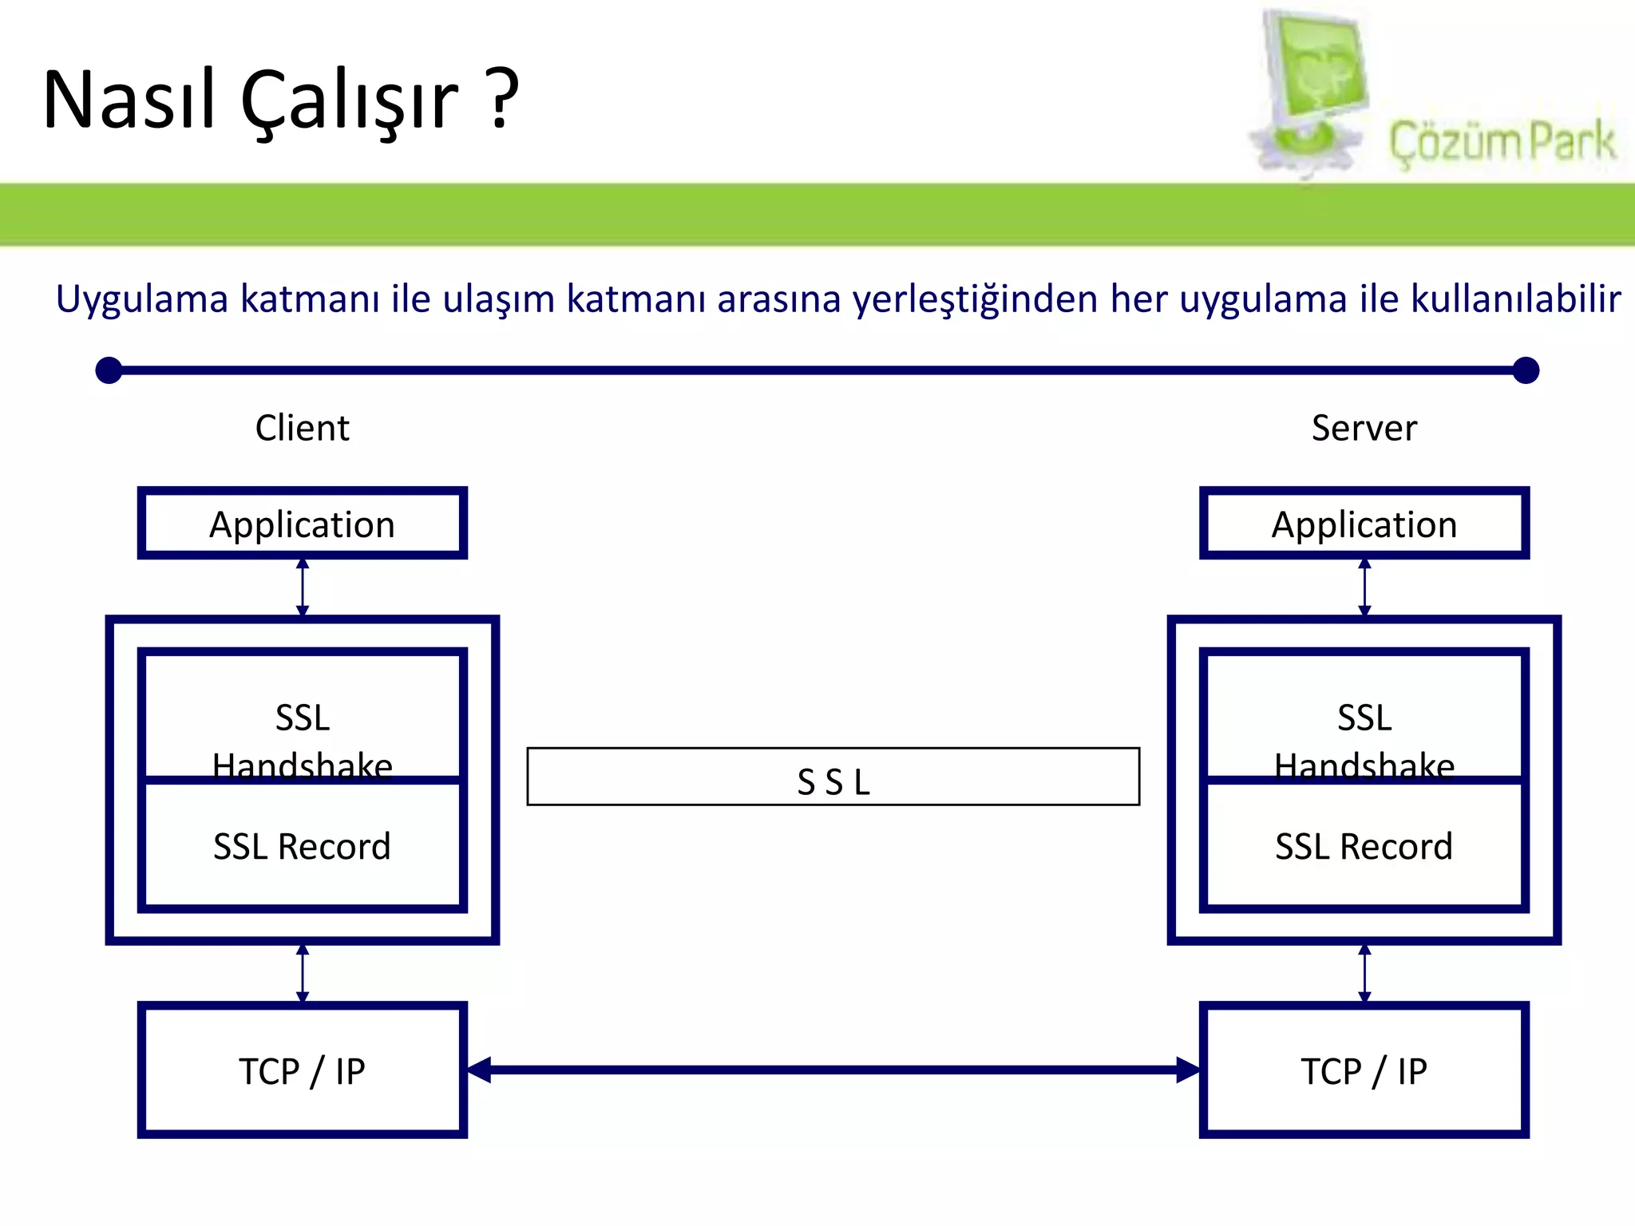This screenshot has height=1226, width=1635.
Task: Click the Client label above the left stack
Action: click(302, 428)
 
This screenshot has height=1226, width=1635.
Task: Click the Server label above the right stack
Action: click(1364, 428)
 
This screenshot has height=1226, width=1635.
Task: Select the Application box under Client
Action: click(302, 524)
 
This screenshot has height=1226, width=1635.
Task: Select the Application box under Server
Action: click(1364, 524)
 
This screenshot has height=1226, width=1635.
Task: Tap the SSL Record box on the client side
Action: click(302, 846)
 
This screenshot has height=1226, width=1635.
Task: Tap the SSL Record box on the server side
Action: click(1364, 846)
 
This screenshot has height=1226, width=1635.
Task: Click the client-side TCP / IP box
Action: click(302, 1070)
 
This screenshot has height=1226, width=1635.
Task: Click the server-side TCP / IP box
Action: click(1364, 1070)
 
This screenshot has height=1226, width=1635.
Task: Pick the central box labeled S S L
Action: click(833, 777)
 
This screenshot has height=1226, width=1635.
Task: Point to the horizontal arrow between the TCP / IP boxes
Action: click(833, 1070)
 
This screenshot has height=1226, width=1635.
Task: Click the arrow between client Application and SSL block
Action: click(303, 587)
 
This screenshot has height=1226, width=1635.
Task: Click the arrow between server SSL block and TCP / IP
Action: click(1364, 973)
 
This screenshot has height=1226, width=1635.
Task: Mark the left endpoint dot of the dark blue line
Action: click(109, 370)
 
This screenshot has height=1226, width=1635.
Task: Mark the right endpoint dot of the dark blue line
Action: click(1526, 370)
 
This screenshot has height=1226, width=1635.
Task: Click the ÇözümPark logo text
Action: click(1502, 142)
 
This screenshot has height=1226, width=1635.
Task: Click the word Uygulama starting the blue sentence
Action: click(142, 300)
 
